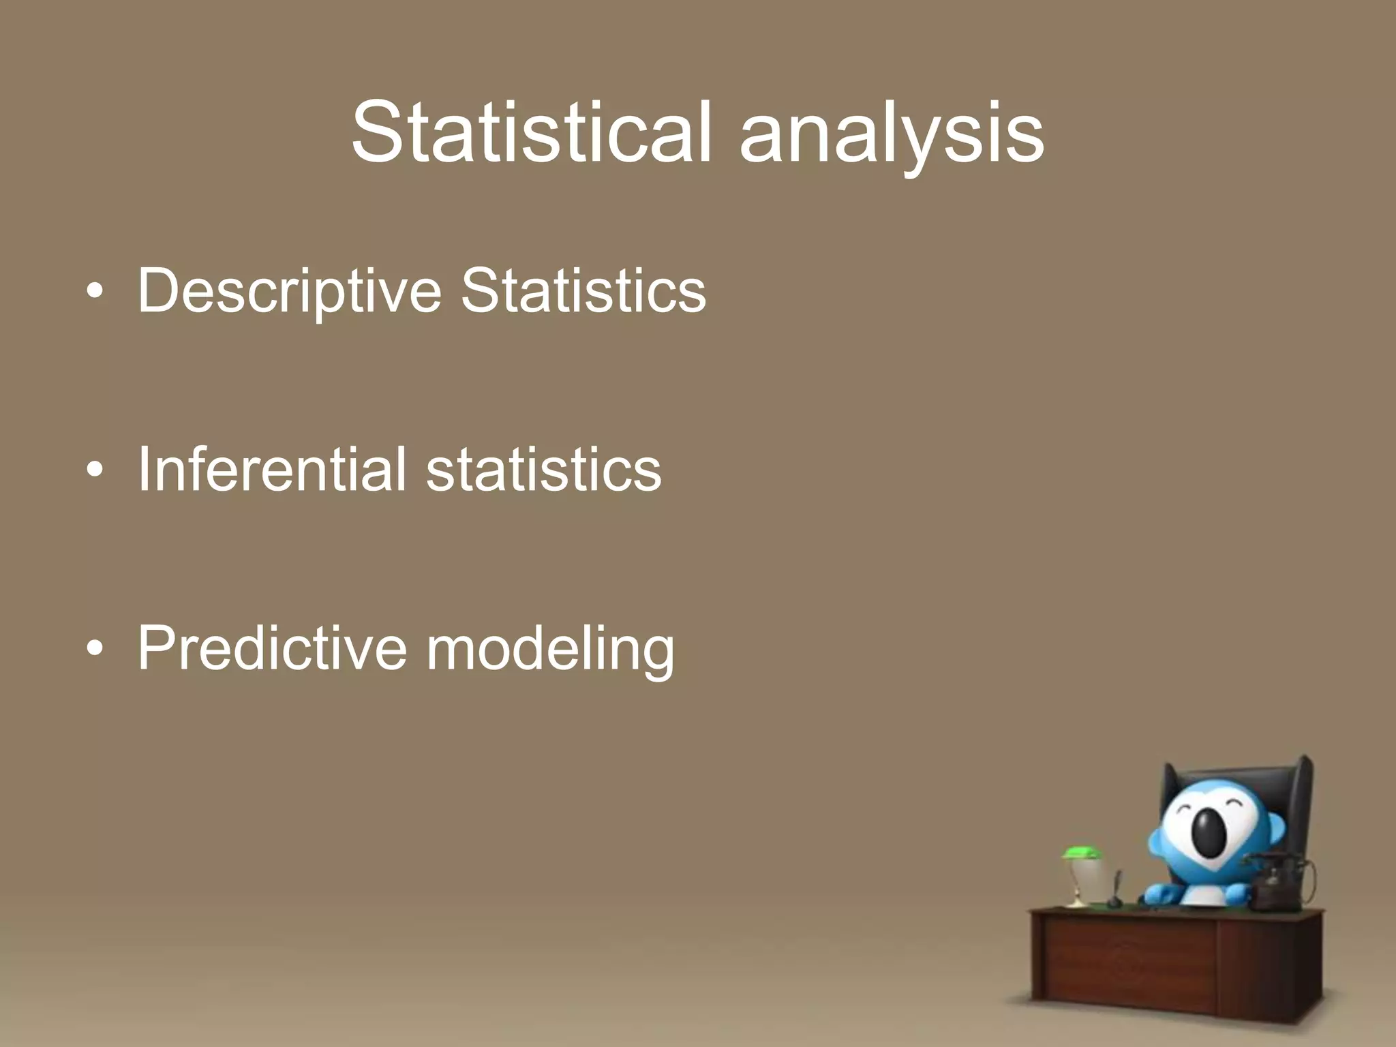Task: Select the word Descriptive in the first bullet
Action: pos(290,291)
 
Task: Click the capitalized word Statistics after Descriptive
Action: pos(583,291)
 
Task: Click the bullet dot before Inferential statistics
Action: pos(95,470)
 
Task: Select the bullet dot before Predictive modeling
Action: pos(95,649)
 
